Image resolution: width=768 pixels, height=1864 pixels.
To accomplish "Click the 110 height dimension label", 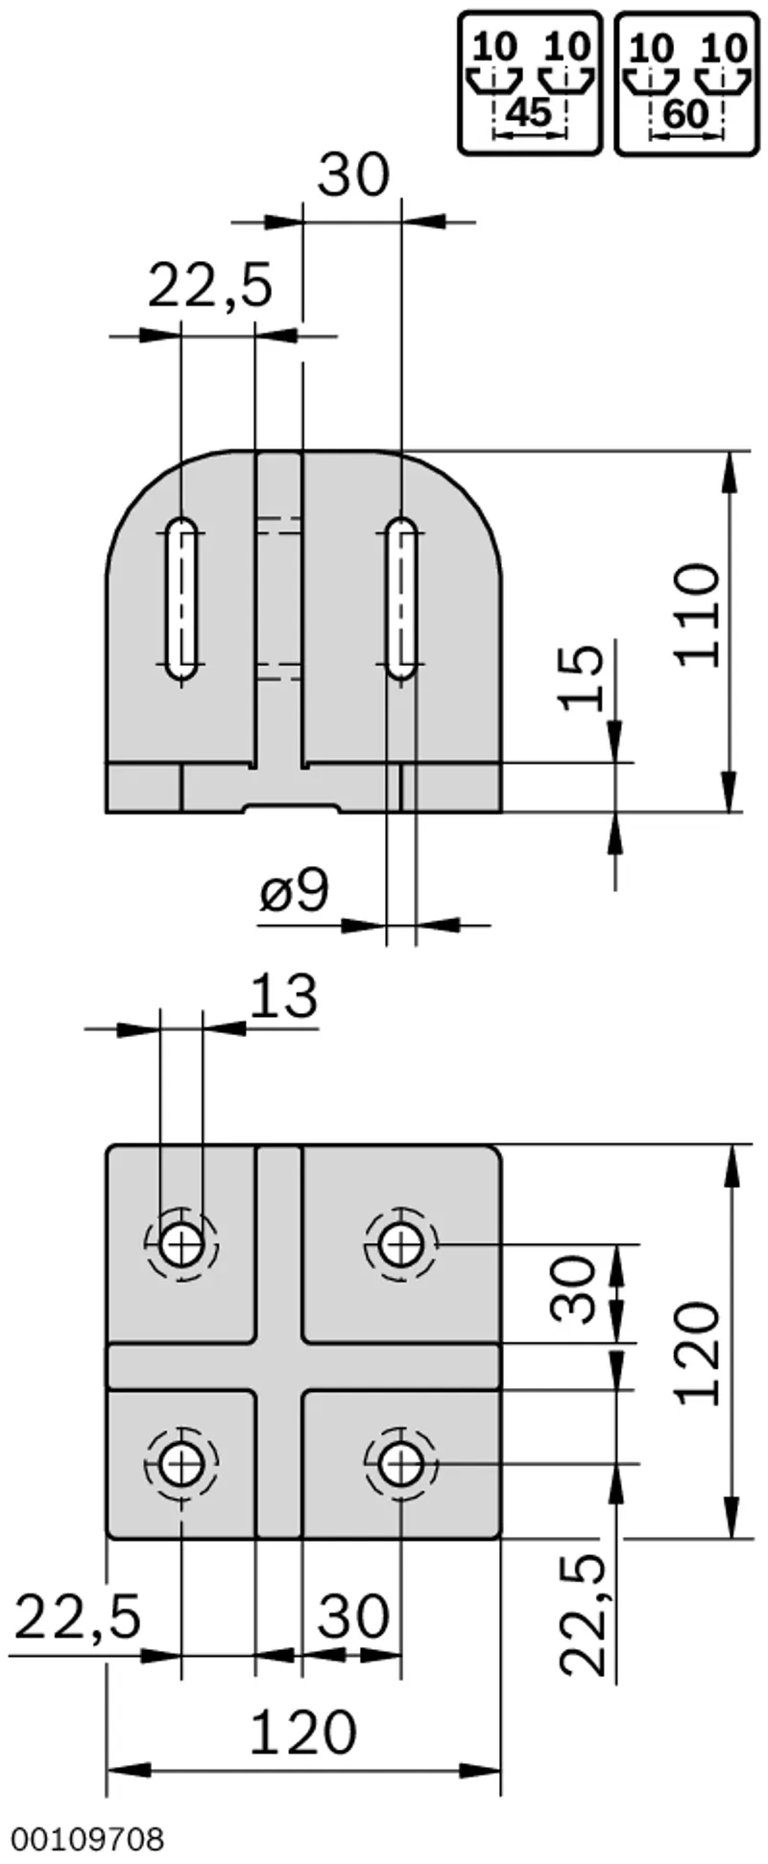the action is coord(696,614).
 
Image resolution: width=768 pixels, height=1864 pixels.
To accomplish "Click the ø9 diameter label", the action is coord(294,891).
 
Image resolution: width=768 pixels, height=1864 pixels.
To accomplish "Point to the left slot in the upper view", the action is coord(181,599).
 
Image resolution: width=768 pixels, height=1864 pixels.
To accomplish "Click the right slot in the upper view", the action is coord(401,599).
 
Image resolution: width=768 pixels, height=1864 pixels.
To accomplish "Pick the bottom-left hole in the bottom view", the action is coord(181,1465).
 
